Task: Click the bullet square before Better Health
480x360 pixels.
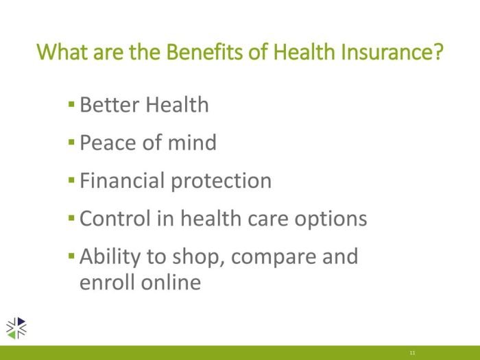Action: coord(72,106)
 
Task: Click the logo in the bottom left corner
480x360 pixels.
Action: coord(16,328)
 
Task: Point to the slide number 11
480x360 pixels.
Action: coord(412,352)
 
